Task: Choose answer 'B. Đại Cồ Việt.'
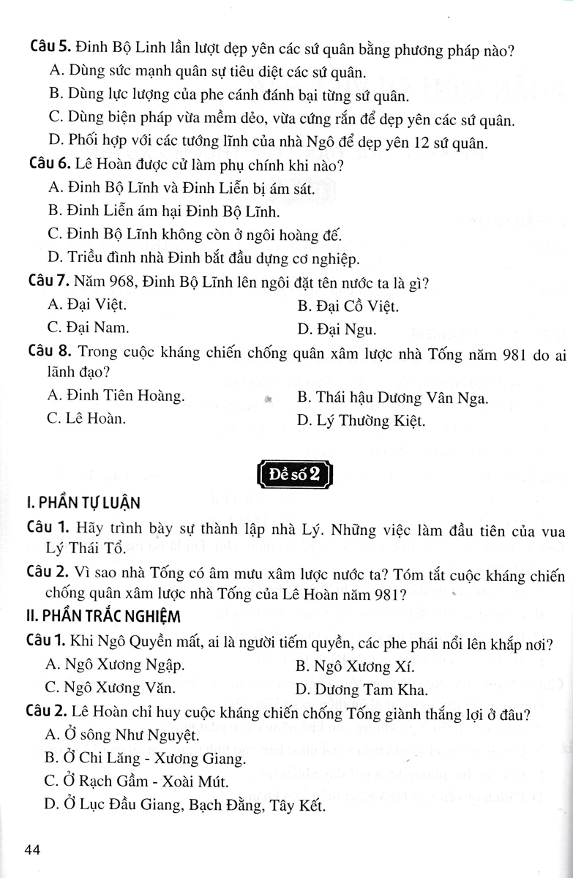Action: pyautogui.click(x=348, y=306)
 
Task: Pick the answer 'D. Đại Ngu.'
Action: pyautogui.click(x=337, y=329)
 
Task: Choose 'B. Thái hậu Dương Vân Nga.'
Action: pyautogui.click(x=392, y=398)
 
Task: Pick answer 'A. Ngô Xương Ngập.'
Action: pyautogui.click(x=115, y=665)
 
